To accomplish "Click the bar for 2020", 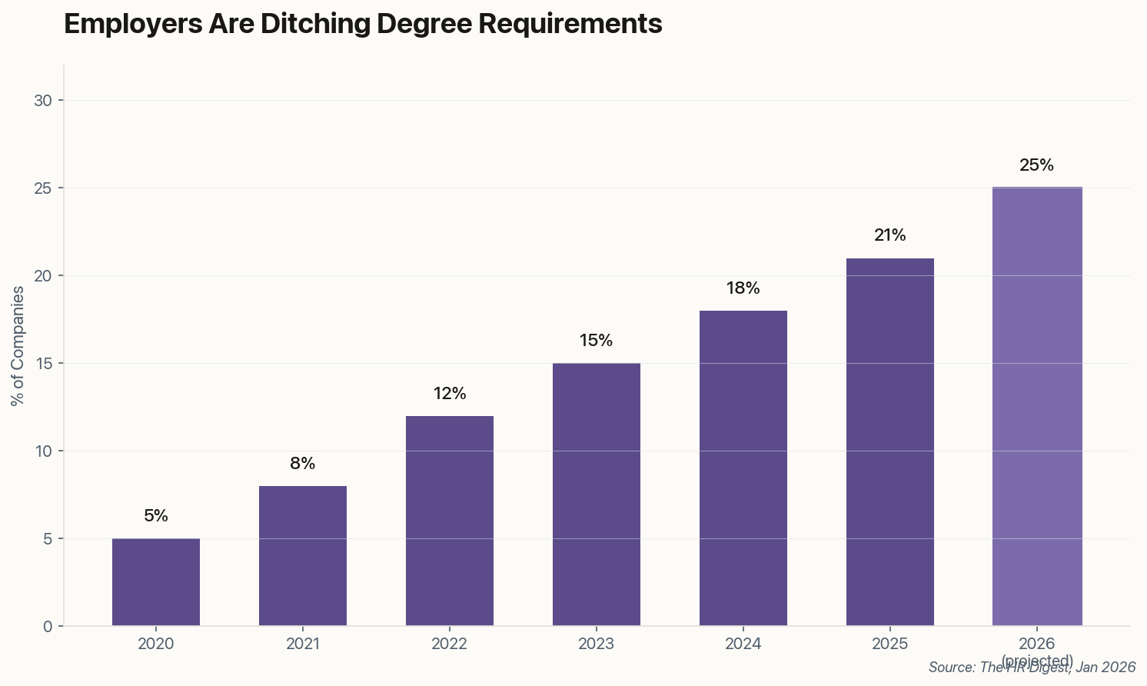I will pyautogui.click(x=156, y=582).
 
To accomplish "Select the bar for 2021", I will pyautogui.click(x=303, y=556).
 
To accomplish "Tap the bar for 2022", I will pyautogui.click(x=450, y=521).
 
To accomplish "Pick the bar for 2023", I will pyautogui.click(x=597, y=495).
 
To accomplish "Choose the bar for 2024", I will pyautogui.click(x=743, y=468).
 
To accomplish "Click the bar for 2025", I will pyautogui.click(x=890, y=442).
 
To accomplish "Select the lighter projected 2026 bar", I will pyautogui.click(x=1037, y=407).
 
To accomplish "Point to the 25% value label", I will pyautogui.click(x=1036, y=165).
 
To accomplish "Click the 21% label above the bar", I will pyautogui.click(x=890, y=235).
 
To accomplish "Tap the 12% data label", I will pyautogui.click(x=450, y=394).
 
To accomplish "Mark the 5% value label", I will pyautogui.click(x=156, y=516).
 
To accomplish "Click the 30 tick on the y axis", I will pyautogui.click(x=44, y=101).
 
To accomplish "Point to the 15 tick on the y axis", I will pyautogui.click(x=44, y=364).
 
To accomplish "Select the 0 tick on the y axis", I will pyautogui.click(x=48, y=627).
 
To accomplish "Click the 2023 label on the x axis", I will pyautogui.click(x=597, y=644).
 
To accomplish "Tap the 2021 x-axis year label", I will pyautogui.click(x=303, y=644).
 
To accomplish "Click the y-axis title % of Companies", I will pyautogui.click(x=18, y=345).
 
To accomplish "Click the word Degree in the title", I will pyautogui.click(x=424, y=24).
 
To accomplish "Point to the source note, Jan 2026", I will pyautogui.click(x=1032, y=668).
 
